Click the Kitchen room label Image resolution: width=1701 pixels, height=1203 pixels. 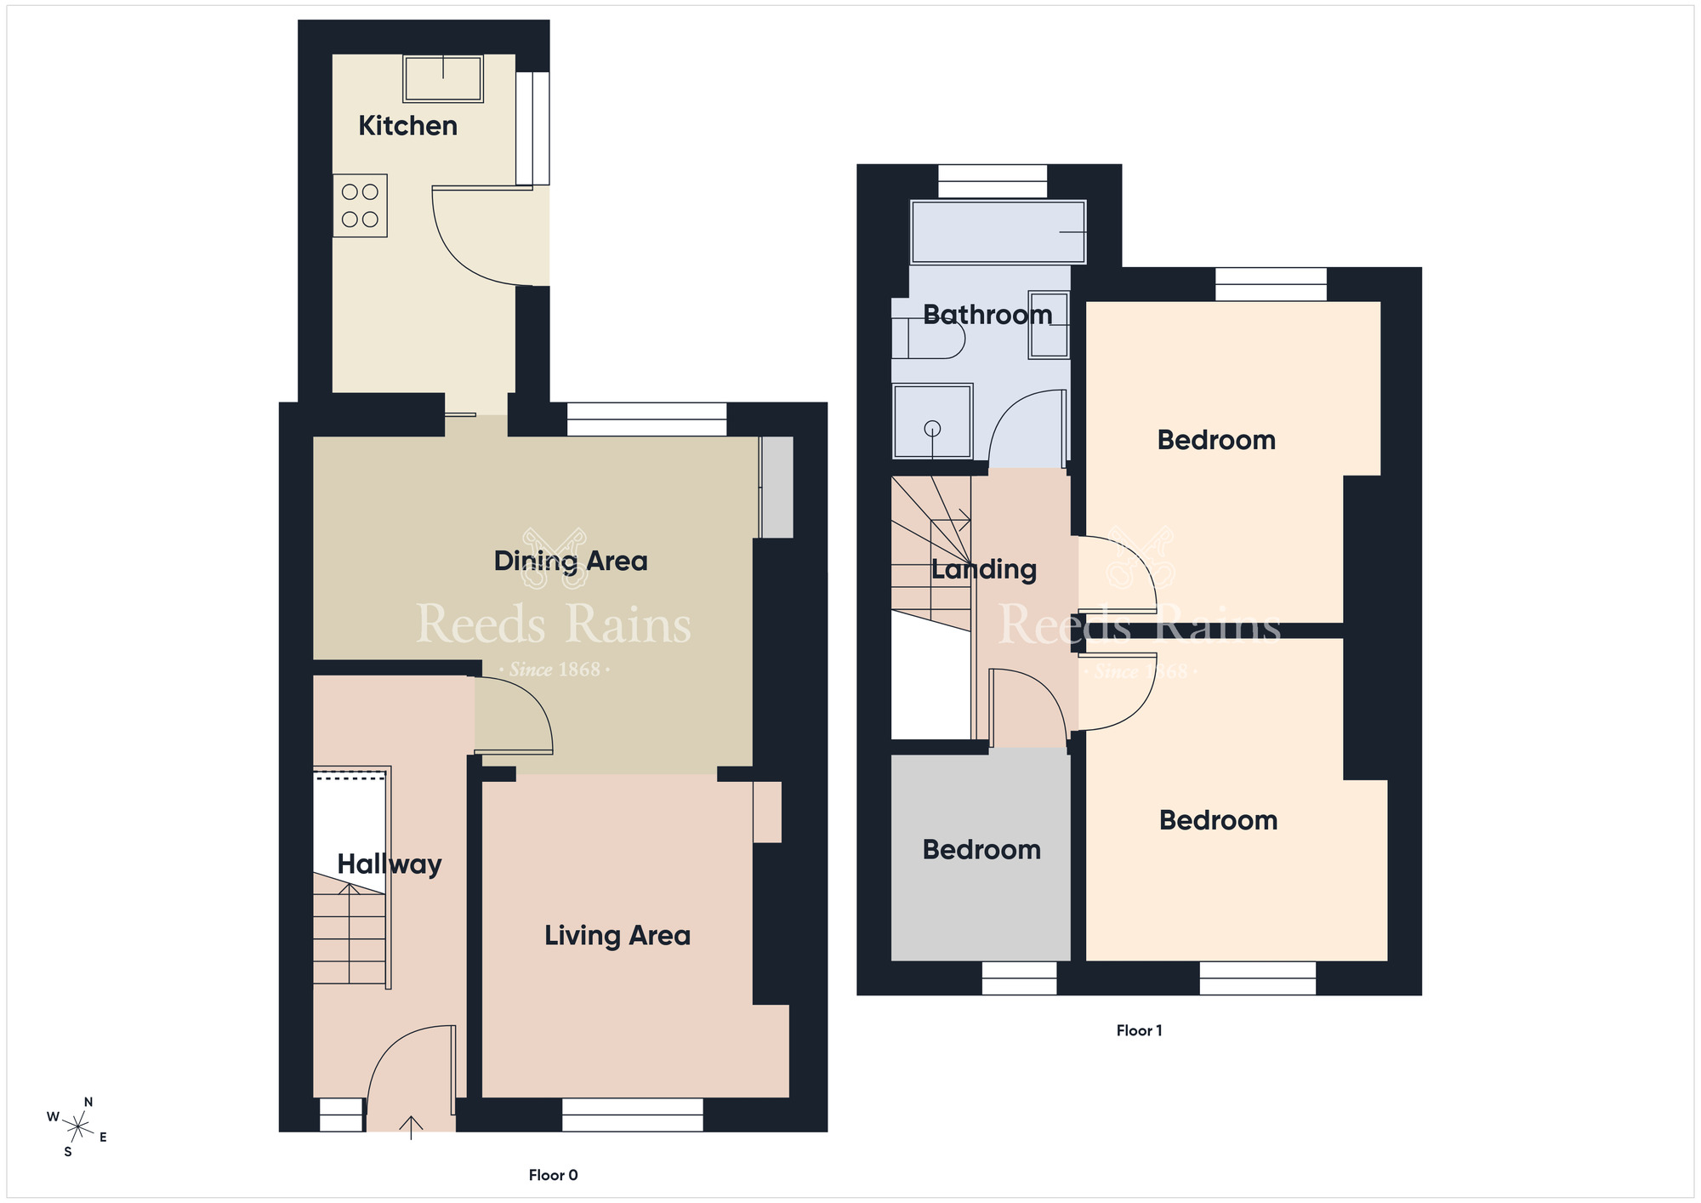[407, 126]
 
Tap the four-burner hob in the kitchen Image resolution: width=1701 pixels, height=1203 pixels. [360, 206]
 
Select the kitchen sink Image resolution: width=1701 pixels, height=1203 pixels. [443, 79]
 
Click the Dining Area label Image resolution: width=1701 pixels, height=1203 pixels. [571, 562]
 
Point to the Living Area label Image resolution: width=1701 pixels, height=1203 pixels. [617, 936]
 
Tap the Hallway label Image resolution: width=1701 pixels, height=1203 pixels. [390, 864]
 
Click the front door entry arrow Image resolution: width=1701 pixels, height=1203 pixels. [411, 1127]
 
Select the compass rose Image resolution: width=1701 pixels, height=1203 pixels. [77, 1128]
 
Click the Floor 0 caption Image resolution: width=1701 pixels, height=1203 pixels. [553, 1175]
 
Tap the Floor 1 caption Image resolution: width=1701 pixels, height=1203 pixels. [1139, 1030]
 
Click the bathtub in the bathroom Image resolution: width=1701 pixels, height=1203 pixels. [998, 231]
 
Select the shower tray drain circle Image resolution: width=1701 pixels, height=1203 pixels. [932, 429]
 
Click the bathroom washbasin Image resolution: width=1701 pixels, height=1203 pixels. [1049, 324]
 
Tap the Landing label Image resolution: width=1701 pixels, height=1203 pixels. [984, 569]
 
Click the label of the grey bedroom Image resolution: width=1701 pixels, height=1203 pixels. [981, 850]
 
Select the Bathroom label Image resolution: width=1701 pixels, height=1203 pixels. [987, 315]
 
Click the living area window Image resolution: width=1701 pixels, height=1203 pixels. [633, 1115]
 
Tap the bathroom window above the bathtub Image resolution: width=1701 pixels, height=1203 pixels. [993, 181]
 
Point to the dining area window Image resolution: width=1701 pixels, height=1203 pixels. [646, 419]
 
